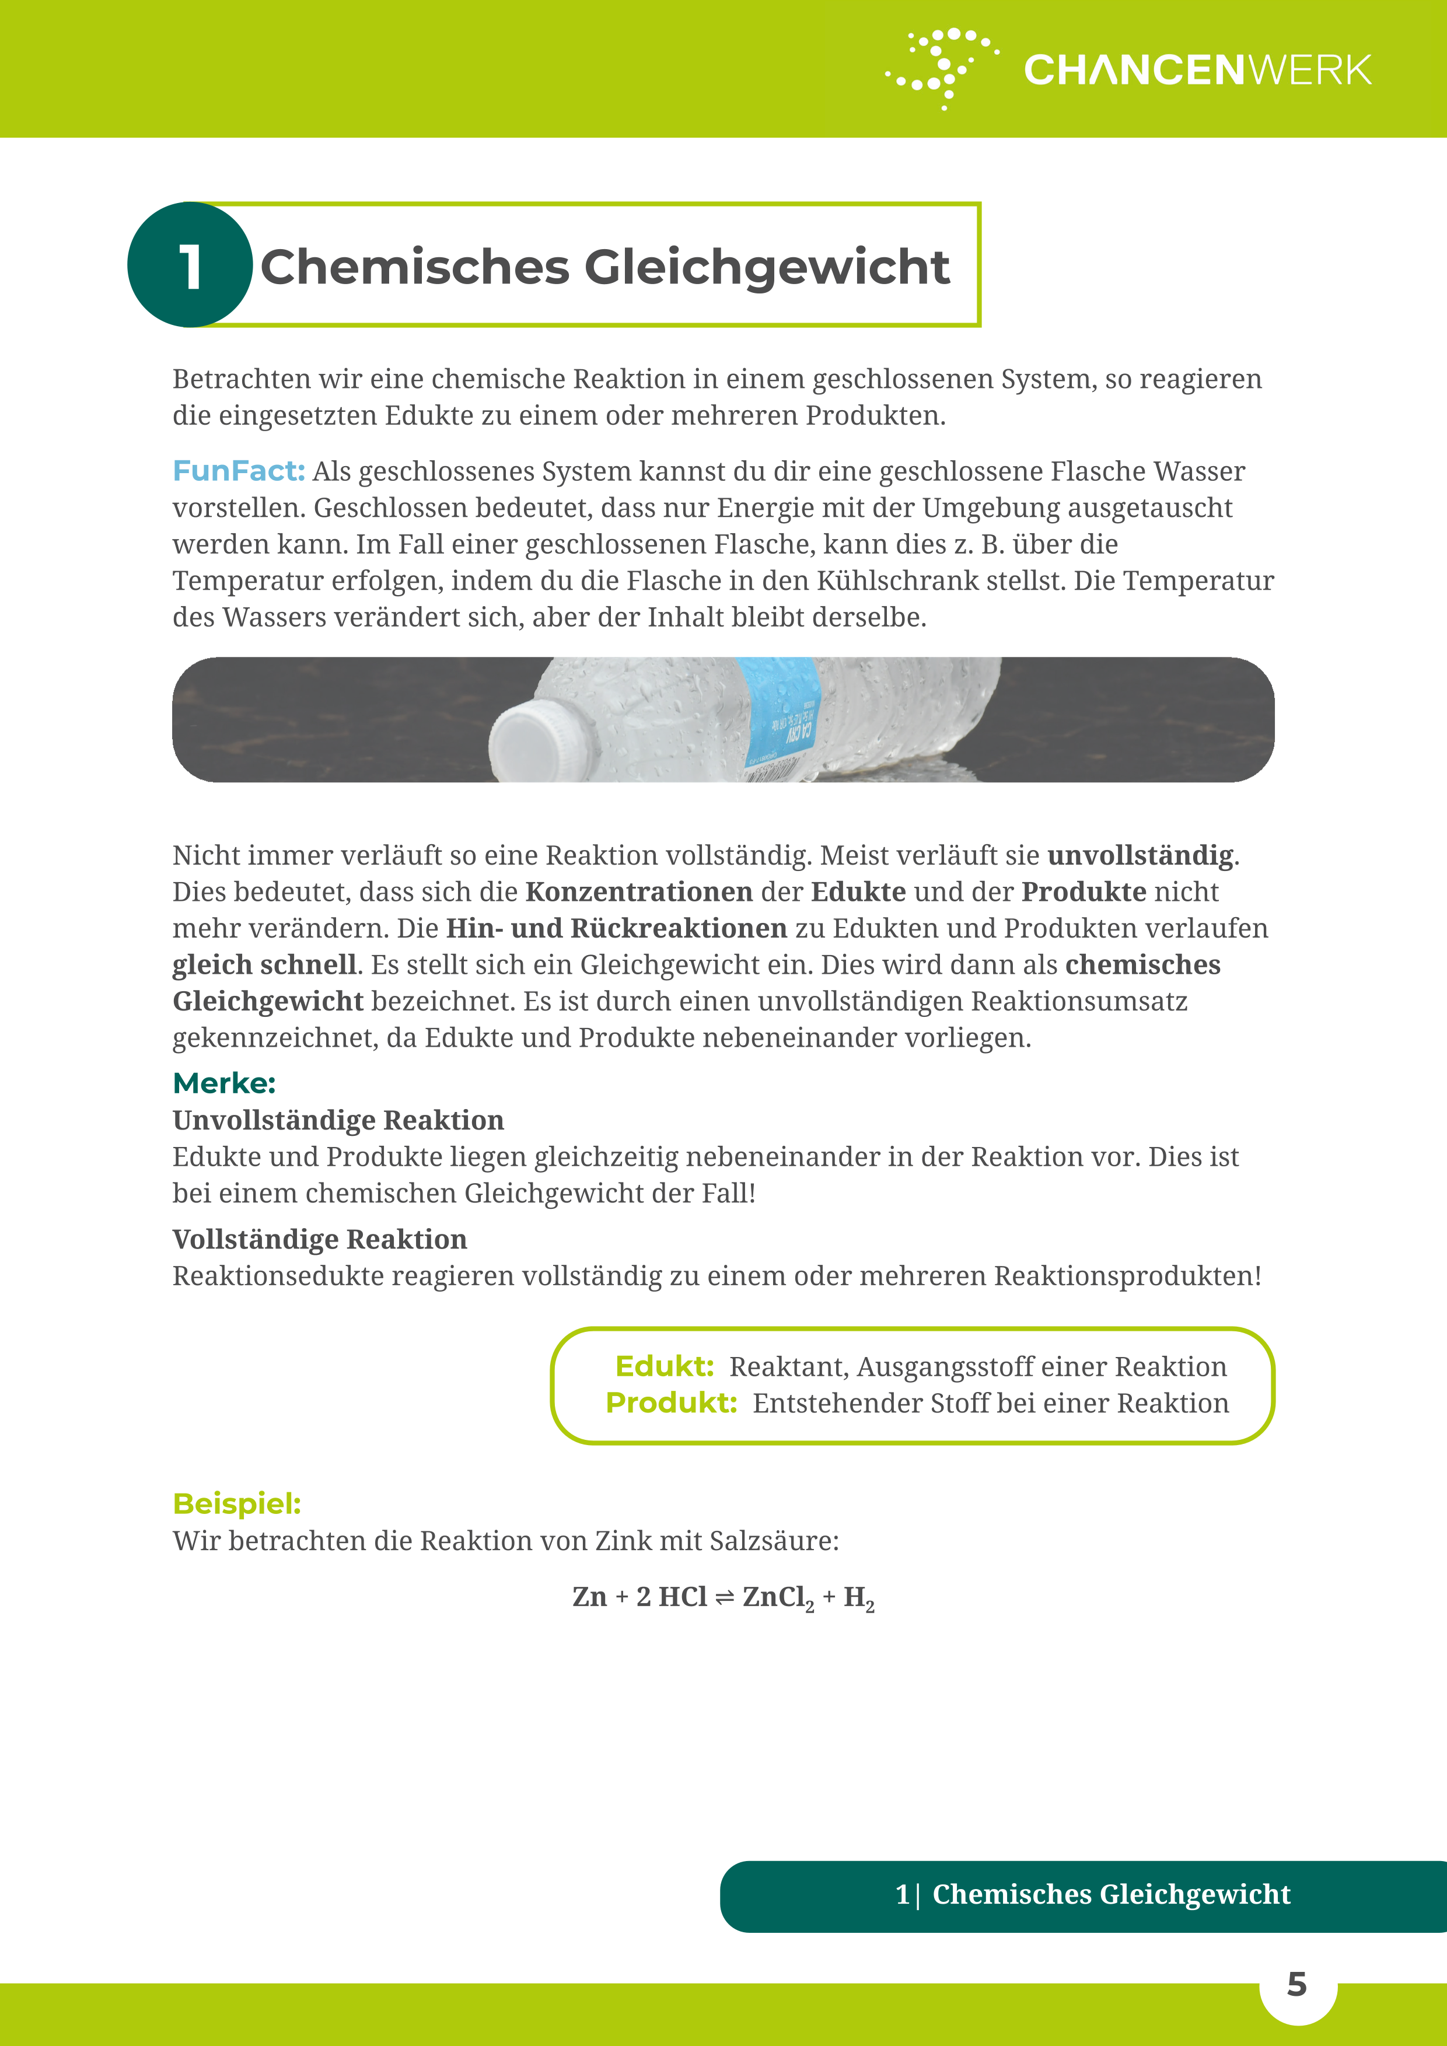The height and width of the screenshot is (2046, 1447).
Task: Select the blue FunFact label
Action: pos(238,470)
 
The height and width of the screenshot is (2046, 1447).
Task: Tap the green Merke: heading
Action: pos(223,1083)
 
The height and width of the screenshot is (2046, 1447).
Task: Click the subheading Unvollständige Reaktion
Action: pos(338,1120)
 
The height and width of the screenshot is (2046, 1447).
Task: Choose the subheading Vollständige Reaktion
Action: pos(319,1240)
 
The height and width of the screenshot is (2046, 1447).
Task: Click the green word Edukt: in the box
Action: pos(664,1366)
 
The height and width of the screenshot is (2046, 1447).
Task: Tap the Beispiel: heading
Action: pos(236,1503)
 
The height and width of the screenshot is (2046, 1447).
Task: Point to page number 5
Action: pos(1296,1985)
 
